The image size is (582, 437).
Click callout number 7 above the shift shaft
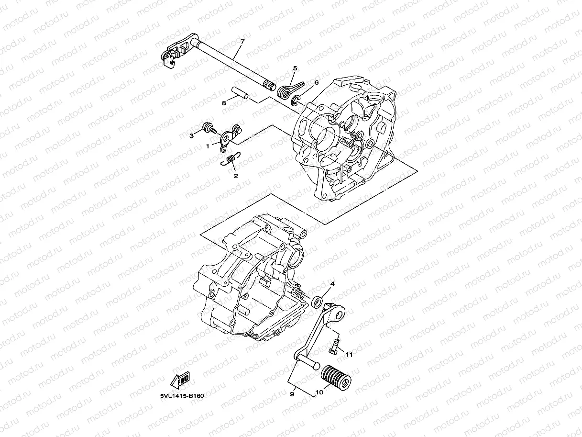[x=242, y=42]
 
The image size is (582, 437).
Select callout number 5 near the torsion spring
[x=295, y=68]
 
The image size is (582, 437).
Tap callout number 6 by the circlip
[x=316, y=82]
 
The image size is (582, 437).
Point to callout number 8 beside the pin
[x=223, y=103]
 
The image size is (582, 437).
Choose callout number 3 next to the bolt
[x=191, y=136]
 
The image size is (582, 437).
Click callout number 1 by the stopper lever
[x=208, y=147]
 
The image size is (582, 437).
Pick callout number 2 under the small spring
[x=235, y=176]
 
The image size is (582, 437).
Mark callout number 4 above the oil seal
[x=332, y=284]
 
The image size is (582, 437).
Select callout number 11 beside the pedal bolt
[x=349, y=355]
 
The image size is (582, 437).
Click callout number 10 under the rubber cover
[x=319, y=392]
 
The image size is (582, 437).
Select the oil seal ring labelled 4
[x=316, y=302]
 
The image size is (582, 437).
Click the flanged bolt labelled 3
[x=209, y=127]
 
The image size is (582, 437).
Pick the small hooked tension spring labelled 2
[x=231, y=159]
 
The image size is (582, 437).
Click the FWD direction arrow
[x=180, y=381]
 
